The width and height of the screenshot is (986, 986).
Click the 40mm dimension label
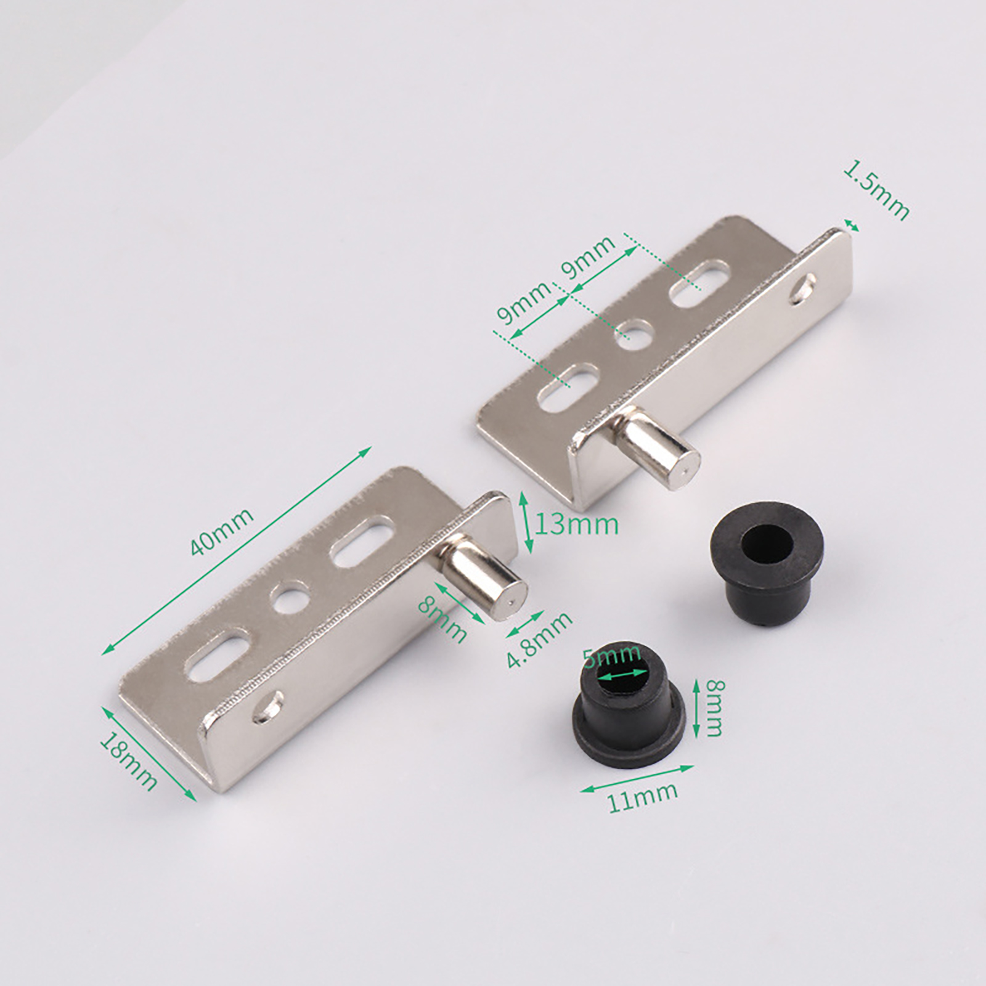[x=222, y=532]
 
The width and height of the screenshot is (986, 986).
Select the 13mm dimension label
[x=576, y=525]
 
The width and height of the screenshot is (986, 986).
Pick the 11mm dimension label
[x=643, y=797]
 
